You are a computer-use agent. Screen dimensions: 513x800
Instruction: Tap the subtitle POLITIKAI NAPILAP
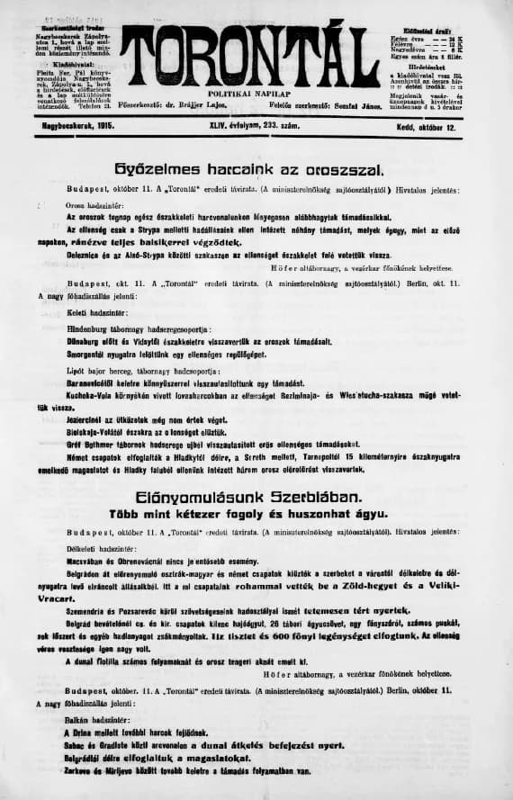coord(249,94)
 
